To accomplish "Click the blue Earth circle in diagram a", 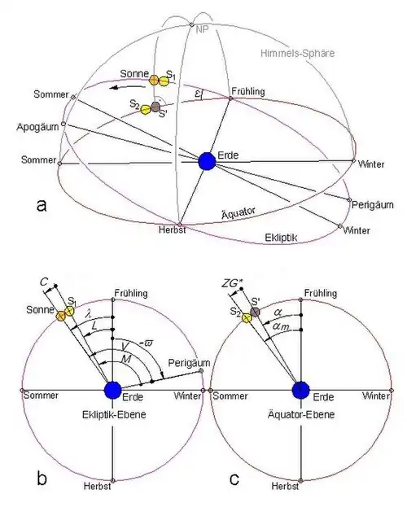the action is [x=207, y=160].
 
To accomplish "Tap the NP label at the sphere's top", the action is [x=202, y=30].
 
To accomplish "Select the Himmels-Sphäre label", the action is [x=297, y=53].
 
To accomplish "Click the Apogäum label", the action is [x=38, y=127].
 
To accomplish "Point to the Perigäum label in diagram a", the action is [x=372, y=205].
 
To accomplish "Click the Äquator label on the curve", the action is [x=239, y=213].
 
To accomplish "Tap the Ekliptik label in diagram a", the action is [x=281, y=238].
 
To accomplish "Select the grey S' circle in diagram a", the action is [x=156, y=107].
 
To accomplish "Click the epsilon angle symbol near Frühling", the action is [x=199, y=94].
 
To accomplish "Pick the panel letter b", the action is [x=42, y=479].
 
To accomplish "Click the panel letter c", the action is [x=234, y=479].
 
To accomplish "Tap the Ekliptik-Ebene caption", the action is [x=114, y=414].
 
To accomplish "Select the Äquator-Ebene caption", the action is [x=301, y=414].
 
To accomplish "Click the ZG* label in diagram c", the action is [x=231, y=283].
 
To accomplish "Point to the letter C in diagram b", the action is [x=44, y=282].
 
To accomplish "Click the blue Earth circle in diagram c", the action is [x=301, y=391].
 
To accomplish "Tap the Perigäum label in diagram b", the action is [x=189, y=363].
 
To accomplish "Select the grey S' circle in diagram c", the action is [x=256, y=312].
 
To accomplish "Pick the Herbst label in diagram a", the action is [x=172, y=229].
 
